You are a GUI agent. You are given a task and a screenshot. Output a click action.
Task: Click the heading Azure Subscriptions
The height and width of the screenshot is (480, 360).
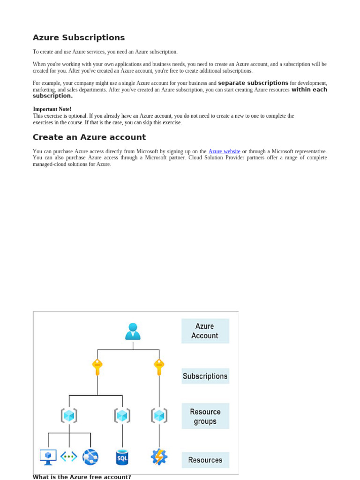79,37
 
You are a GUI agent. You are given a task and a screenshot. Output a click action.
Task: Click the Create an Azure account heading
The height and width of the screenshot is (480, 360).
89,137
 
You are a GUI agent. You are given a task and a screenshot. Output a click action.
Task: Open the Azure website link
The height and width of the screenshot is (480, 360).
224,151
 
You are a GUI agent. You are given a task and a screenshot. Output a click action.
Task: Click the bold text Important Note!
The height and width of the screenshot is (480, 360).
52,109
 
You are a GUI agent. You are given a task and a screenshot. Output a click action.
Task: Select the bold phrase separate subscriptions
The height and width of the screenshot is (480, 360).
253,83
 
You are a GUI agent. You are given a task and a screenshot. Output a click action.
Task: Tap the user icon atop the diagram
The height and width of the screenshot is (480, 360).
133,331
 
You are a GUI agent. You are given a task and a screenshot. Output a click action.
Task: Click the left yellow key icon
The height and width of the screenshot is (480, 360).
97,367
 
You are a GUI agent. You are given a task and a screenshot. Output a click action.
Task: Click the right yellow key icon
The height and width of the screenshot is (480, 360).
159,367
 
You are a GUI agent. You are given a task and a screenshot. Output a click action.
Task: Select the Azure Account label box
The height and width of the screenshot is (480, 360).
205,331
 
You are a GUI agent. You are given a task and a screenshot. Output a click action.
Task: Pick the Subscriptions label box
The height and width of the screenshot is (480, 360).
205,376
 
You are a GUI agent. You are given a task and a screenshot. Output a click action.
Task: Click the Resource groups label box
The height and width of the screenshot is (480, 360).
205,416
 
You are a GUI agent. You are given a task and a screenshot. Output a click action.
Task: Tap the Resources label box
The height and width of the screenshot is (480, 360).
205,460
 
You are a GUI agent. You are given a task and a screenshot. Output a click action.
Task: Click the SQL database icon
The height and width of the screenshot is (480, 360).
122,457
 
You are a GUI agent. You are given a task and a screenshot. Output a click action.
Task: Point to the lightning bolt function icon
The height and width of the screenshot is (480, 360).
159,457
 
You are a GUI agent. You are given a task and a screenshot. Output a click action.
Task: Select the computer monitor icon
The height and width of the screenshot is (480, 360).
48,457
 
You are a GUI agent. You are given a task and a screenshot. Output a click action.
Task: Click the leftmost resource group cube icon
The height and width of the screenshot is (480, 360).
69,416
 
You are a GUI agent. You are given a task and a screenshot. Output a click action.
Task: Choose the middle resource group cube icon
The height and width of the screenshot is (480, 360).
122,416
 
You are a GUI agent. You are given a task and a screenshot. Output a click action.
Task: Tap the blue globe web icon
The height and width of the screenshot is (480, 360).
90,457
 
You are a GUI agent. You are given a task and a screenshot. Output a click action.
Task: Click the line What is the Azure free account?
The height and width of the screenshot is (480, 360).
82,477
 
